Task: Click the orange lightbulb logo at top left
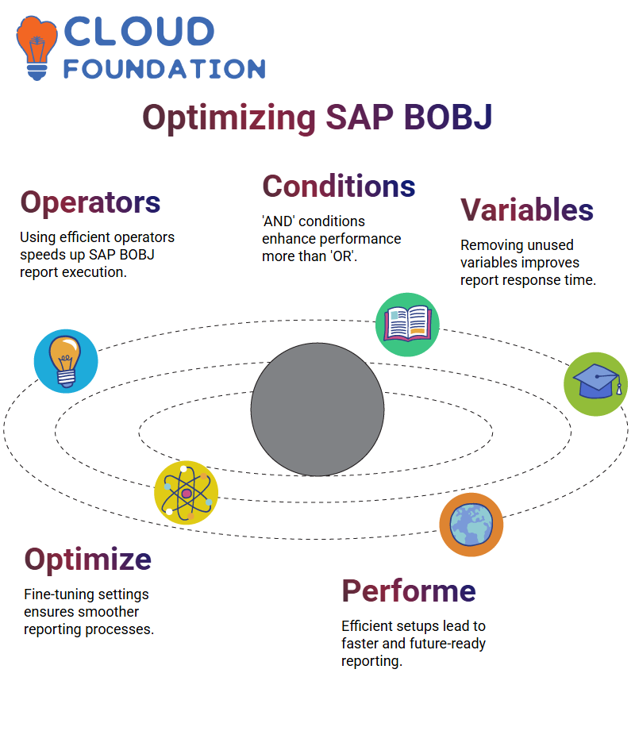(x=37, y=48)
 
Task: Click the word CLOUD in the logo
(x=139, y=32)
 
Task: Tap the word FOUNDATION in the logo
(x=164, y=69)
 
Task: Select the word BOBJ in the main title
(x=448, y=117)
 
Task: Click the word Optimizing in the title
(x=229, y=118)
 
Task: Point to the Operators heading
(x=90, y=202)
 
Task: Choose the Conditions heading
(x=339, y=186)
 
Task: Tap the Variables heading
(x=527, y=210)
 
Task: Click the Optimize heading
(x=88, y=560)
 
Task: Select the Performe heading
(x=409, y=590)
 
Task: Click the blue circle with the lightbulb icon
(x=66, y=361)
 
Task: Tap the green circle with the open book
(x=407, y=325)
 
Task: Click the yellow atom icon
(x=187, y=493)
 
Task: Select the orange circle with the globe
(x=471, y=525)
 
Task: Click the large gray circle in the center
(x=317, y=410)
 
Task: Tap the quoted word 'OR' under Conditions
(x=343, y=256)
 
